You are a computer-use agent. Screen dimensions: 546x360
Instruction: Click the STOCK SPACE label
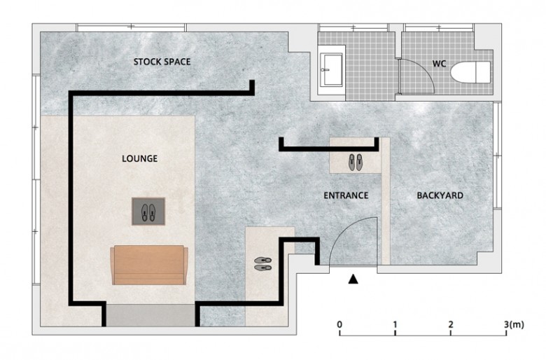point(162,62)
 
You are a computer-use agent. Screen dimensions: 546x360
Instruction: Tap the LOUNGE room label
point(139,158)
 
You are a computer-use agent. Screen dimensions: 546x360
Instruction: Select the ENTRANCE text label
point(346,195)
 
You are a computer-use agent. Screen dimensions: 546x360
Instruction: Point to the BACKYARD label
point(440,195)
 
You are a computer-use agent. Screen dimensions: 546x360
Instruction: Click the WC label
point(439,64)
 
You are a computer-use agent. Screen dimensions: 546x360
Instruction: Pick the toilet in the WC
point(471,72)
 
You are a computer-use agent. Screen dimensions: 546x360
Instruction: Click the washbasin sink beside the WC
point(331,69)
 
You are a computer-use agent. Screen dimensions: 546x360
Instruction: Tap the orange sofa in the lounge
point(149,265)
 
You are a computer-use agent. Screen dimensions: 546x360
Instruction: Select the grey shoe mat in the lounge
point(148,212)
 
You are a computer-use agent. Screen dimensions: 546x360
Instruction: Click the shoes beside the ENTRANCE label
point(356,162)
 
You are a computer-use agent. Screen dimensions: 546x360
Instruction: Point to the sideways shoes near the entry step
point(263,264)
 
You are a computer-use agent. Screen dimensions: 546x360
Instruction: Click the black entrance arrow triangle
point(353,279)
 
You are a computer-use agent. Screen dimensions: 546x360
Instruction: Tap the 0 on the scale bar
point(339,325)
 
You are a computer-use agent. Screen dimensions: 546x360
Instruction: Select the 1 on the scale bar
point(395,325)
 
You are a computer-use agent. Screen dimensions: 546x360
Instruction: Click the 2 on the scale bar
point(451,325)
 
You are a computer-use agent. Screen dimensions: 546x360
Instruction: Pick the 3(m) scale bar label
point(514,325)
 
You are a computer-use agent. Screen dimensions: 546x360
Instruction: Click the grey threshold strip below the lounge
point(150,315)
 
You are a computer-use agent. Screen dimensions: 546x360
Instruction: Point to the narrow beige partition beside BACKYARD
point(386,201)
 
